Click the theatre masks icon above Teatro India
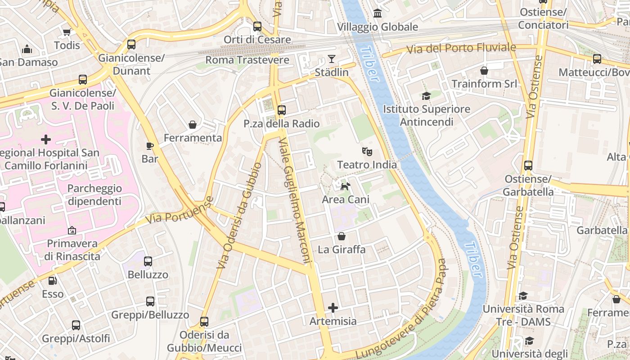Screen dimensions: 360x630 367,152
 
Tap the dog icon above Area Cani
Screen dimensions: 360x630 345,186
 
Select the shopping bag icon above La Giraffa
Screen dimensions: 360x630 342,236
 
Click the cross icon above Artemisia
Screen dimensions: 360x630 333,308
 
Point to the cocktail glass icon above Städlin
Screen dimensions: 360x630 332,58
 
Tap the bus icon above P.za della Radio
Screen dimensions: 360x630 282,110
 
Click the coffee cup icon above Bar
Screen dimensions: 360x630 150,146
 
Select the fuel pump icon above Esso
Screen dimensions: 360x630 53,281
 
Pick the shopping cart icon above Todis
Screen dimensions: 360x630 67,32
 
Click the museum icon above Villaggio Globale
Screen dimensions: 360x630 378,13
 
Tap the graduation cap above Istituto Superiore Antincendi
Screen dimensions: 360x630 426,95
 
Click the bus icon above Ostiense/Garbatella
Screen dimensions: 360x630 528,165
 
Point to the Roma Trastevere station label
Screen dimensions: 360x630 247,60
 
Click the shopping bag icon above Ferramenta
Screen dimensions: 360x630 193,125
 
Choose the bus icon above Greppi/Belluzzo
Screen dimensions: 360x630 150,301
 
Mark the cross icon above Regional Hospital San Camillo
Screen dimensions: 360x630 46,139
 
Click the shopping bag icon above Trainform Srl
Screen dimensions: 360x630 484,71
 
